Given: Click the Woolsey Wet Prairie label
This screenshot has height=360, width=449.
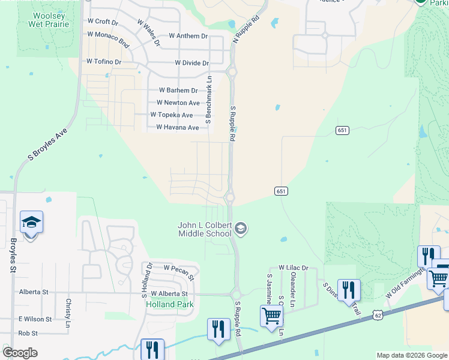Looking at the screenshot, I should [x=49, y=19].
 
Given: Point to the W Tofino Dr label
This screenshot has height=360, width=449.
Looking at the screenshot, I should [x=104, y=61].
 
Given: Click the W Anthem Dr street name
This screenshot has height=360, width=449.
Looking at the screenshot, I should [x=188, y=36].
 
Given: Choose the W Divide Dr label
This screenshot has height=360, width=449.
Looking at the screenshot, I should [x=191, y=63].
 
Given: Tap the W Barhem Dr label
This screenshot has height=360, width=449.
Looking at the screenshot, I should [x=178, y=90].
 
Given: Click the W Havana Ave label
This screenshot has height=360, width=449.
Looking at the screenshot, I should [x=177, y=127].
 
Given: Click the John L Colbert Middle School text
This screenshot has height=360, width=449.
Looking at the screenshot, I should [x=204, y=229].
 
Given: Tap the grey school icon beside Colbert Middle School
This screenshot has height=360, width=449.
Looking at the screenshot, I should [x=241, y=227].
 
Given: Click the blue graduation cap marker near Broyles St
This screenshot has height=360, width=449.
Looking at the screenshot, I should [x=31, y=223].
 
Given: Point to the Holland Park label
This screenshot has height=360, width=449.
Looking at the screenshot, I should [x=170, y=304].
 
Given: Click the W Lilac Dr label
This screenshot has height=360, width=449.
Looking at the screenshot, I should [x=293, y=268].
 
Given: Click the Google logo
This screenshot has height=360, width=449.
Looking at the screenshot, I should [x=20, y=353].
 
